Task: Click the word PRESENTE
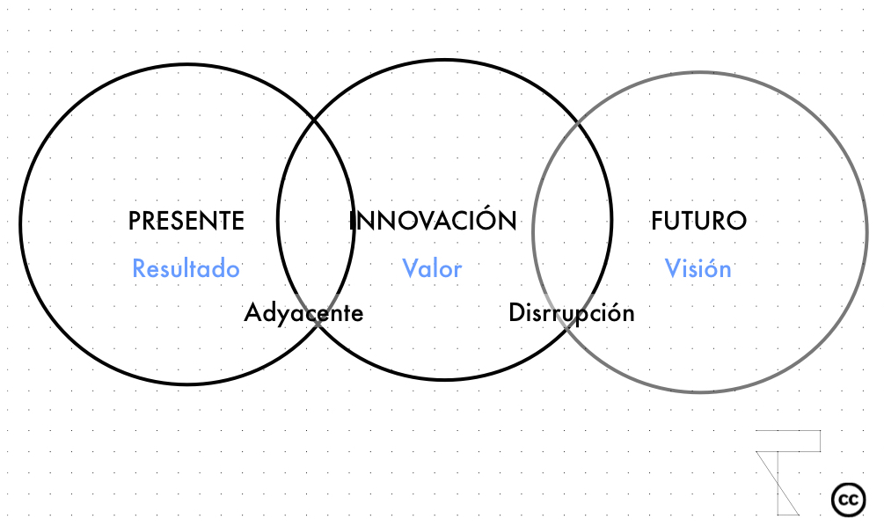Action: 186,221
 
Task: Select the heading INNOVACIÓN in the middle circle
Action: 433,219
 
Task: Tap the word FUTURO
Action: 699,221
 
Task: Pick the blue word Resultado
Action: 186,268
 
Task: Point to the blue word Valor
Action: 433,268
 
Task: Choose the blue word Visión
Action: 698,268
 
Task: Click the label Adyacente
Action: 303,313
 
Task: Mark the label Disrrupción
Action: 572,313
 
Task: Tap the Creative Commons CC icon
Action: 849,500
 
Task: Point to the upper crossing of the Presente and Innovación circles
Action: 314,121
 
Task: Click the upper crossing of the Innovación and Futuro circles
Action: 579,121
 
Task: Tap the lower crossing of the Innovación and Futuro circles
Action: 567,330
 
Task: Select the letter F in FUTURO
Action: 657,221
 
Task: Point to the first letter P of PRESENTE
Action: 135,221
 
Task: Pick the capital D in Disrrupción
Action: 517,312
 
